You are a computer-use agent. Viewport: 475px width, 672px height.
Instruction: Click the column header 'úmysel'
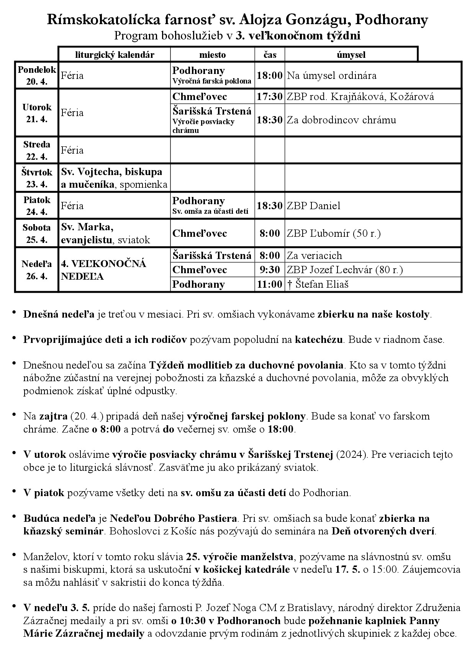click(351, 55)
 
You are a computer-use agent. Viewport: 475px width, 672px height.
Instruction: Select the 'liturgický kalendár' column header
click(115, 55)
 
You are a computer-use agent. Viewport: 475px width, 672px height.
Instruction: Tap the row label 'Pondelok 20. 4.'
click(37, 75)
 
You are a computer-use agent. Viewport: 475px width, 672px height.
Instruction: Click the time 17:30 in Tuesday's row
click(270, 97)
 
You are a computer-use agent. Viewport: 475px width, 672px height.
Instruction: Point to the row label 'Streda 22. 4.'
click(37, 150)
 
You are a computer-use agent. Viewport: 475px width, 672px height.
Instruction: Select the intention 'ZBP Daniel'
click(313, 206)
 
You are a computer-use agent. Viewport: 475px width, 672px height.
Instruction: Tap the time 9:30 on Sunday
click(270, 270)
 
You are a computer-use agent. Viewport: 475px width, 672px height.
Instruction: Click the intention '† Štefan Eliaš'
click(318, 284)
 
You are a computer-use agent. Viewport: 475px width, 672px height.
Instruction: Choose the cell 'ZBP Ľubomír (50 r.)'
click(334, 233)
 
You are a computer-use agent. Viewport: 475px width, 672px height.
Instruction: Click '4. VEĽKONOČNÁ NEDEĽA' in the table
click(104, 270)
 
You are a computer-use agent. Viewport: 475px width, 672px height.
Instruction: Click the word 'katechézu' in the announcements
click(318, 340)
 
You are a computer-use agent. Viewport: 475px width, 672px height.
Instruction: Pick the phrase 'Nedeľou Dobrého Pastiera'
click(173, 519)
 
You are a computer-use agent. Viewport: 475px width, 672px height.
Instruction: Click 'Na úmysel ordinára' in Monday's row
click(332, 75)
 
